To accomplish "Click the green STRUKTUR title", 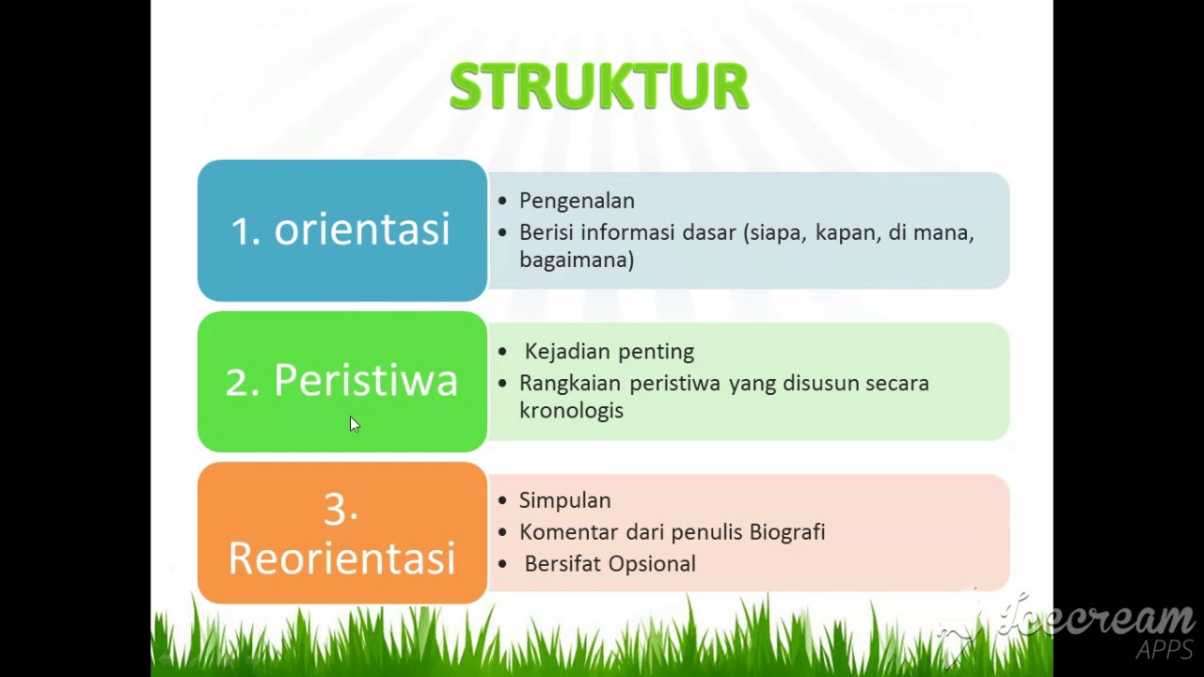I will pos(599,87).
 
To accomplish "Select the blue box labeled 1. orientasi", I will pos(341,230).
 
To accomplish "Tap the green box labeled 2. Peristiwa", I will pos(341,381).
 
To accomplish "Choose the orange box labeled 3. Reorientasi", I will pos(341,532).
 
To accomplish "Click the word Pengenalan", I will pos(577,201).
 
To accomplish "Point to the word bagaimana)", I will pos(577,260).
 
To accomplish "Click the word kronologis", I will pos(571,411).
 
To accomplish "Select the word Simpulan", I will pos(564,500).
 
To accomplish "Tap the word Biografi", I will pos(787,532).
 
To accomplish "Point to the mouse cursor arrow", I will pos(354,424).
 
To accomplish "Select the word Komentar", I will pos(567,532).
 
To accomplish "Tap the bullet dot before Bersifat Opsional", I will pos(502,563).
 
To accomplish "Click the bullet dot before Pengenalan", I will pos(502,200).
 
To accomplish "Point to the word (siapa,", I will pos(775,232).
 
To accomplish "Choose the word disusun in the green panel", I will pos(820,384).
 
